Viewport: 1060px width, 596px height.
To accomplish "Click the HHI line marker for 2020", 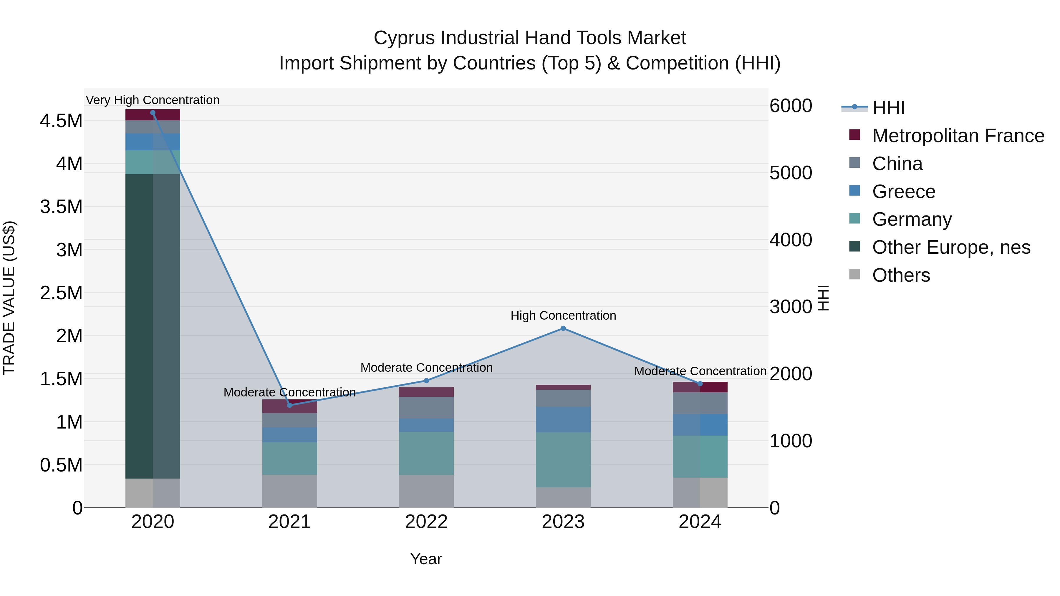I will coord(153,113).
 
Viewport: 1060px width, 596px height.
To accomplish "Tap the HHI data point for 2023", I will coord(563,328).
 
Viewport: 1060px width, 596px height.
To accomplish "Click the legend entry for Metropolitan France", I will coord(958,136).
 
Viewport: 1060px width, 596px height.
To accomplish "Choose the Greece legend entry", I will coord(903,192).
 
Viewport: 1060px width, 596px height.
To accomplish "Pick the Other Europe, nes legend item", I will coord(950,247).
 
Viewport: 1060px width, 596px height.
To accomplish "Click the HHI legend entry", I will coord(888,108).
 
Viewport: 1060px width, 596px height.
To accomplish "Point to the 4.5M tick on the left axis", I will coord(61,121).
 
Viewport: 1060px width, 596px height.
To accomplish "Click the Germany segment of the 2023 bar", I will coord(563,459).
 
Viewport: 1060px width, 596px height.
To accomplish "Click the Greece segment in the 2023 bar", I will coord(563,419).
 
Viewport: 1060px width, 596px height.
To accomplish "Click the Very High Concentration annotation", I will coord(153,100).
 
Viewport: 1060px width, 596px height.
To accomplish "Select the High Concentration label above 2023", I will coord(563,316).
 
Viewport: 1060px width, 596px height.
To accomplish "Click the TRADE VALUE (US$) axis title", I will coord(9,298).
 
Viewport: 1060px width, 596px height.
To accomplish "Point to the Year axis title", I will coord(426,559).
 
